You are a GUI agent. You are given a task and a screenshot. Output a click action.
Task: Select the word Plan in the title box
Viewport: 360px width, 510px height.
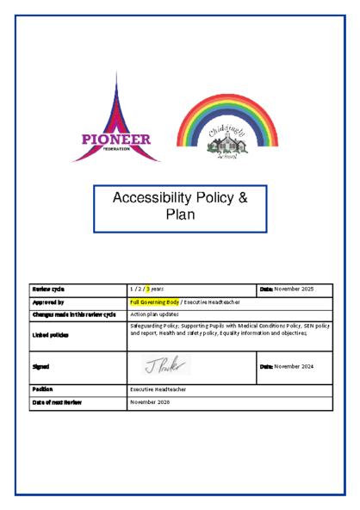tap(181, 215)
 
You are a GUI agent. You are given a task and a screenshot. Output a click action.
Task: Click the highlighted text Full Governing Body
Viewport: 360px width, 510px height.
tap(154, 302)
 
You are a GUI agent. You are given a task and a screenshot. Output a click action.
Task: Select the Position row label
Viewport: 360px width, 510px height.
tap(42, 389)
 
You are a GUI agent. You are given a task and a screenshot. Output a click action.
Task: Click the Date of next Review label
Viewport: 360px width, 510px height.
tap(57, 402)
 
